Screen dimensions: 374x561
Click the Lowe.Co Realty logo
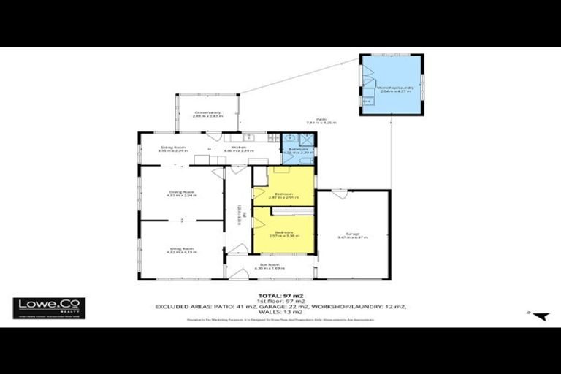tap(49, 308)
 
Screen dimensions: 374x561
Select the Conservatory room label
tap(207, 114)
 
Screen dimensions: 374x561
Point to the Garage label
tap(353, 234)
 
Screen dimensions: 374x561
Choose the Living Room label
tap(182, 251)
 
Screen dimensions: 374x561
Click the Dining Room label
tap(182, 194)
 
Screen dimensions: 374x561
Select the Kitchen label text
tap(239, 148)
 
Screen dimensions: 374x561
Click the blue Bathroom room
tap(297, 148)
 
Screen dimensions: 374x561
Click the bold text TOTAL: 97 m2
tap(280, 294)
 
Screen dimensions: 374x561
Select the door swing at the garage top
tap(340, 194)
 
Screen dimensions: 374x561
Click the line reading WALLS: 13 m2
tap(280, 312)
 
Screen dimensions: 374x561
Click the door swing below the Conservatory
tap(214, 136)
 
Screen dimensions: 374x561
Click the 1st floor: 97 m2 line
tap(280, 300)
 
